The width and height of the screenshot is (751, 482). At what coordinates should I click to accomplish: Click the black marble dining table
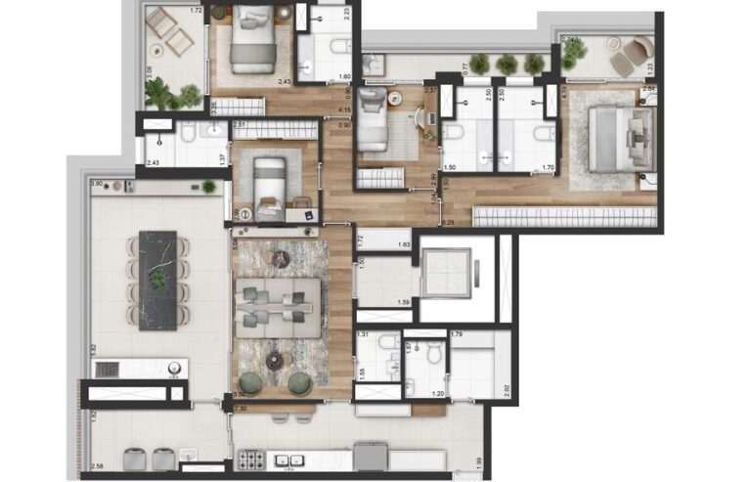[157, 280]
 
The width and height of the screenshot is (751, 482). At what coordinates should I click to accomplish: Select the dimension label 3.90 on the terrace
[96, 184]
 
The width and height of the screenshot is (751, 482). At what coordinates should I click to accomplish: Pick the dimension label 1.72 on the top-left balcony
[195, 11]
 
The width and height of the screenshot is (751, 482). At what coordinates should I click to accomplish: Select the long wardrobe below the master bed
[561, 216]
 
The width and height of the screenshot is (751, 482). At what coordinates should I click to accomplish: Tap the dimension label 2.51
[240, 125]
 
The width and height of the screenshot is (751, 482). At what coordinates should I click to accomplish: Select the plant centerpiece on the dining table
[157, 280]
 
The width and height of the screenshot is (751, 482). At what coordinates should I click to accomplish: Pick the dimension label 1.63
[403, 245]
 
